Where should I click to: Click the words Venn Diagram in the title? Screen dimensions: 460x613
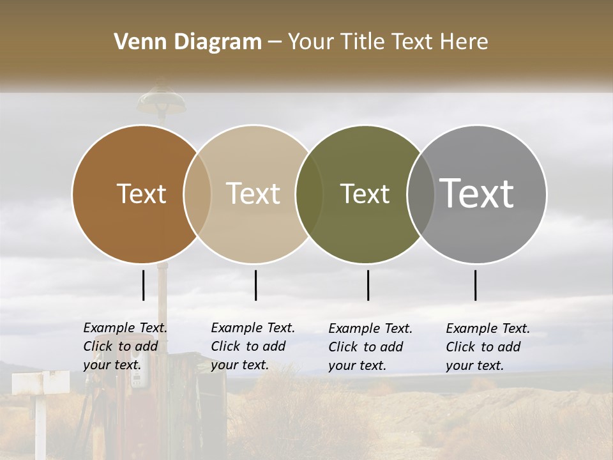188,42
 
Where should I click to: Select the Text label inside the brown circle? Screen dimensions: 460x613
141,194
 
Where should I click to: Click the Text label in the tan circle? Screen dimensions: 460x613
254,194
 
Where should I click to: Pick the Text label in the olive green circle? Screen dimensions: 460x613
365,194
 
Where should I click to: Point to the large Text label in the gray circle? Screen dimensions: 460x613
477,193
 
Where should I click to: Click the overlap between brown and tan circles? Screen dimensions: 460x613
197,194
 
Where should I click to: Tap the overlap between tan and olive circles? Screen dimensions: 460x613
309,194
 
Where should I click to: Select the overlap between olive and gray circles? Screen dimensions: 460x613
421,194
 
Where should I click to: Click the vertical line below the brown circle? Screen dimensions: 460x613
144,285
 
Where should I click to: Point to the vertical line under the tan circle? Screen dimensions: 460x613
255,285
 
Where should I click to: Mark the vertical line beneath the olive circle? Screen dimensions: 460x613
368,285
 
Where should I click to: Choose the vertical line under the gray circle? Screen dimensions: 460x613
475,285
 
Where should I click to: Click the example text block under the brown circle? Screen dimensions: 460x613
125,346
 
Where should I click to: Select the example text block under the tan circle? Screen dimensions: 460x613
252,346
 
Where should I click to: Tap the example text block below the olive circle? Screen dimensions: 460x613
370,347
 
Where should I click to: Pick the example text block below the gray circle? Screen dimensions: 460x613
487,347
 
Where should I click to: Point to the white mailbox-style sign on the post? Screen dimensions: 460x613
40,382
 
